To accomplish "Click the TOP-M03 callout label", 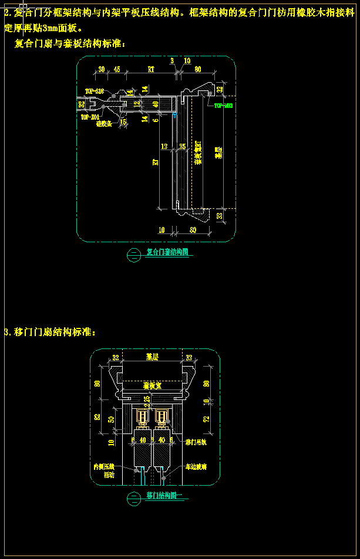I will click(x=224, y=106).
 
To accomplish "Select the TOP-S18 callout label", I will click(x=94, y=91).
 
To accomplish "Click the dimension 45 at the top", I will click(x=117, y=69).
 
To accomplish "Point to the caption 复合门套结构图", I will click(x=167, y=253).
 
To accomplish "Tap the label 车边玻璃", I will click(x=196, y=467).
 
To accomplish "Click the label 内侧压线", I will click(x=105, y=467).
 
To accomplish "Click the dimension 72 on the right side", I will click(x=206, y=419).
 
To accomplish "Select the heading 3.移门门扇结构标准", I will click(x=49, y=332).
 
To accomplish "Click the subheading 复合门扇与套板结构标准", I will click(x=69, y=43).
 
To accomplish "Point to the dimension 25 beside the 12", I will click(x=182, y=146).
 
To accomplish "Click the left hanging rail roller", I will click(x=142, y=417).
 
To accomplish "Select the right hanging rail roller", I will click(x=162, y=417).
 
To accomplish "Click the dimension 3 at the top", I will click(x=172, y=61).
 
